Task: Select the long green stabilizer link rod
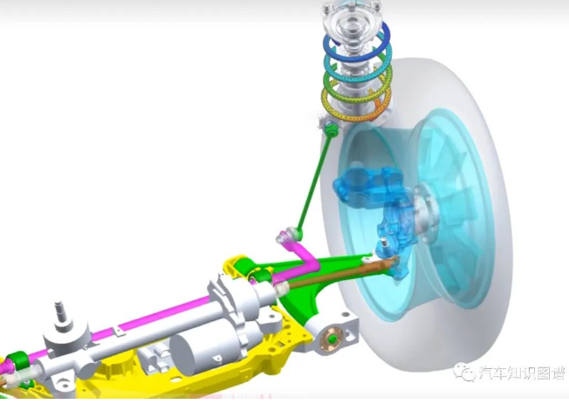pos(315,181)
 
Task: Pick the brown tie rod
pos(338,272)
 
